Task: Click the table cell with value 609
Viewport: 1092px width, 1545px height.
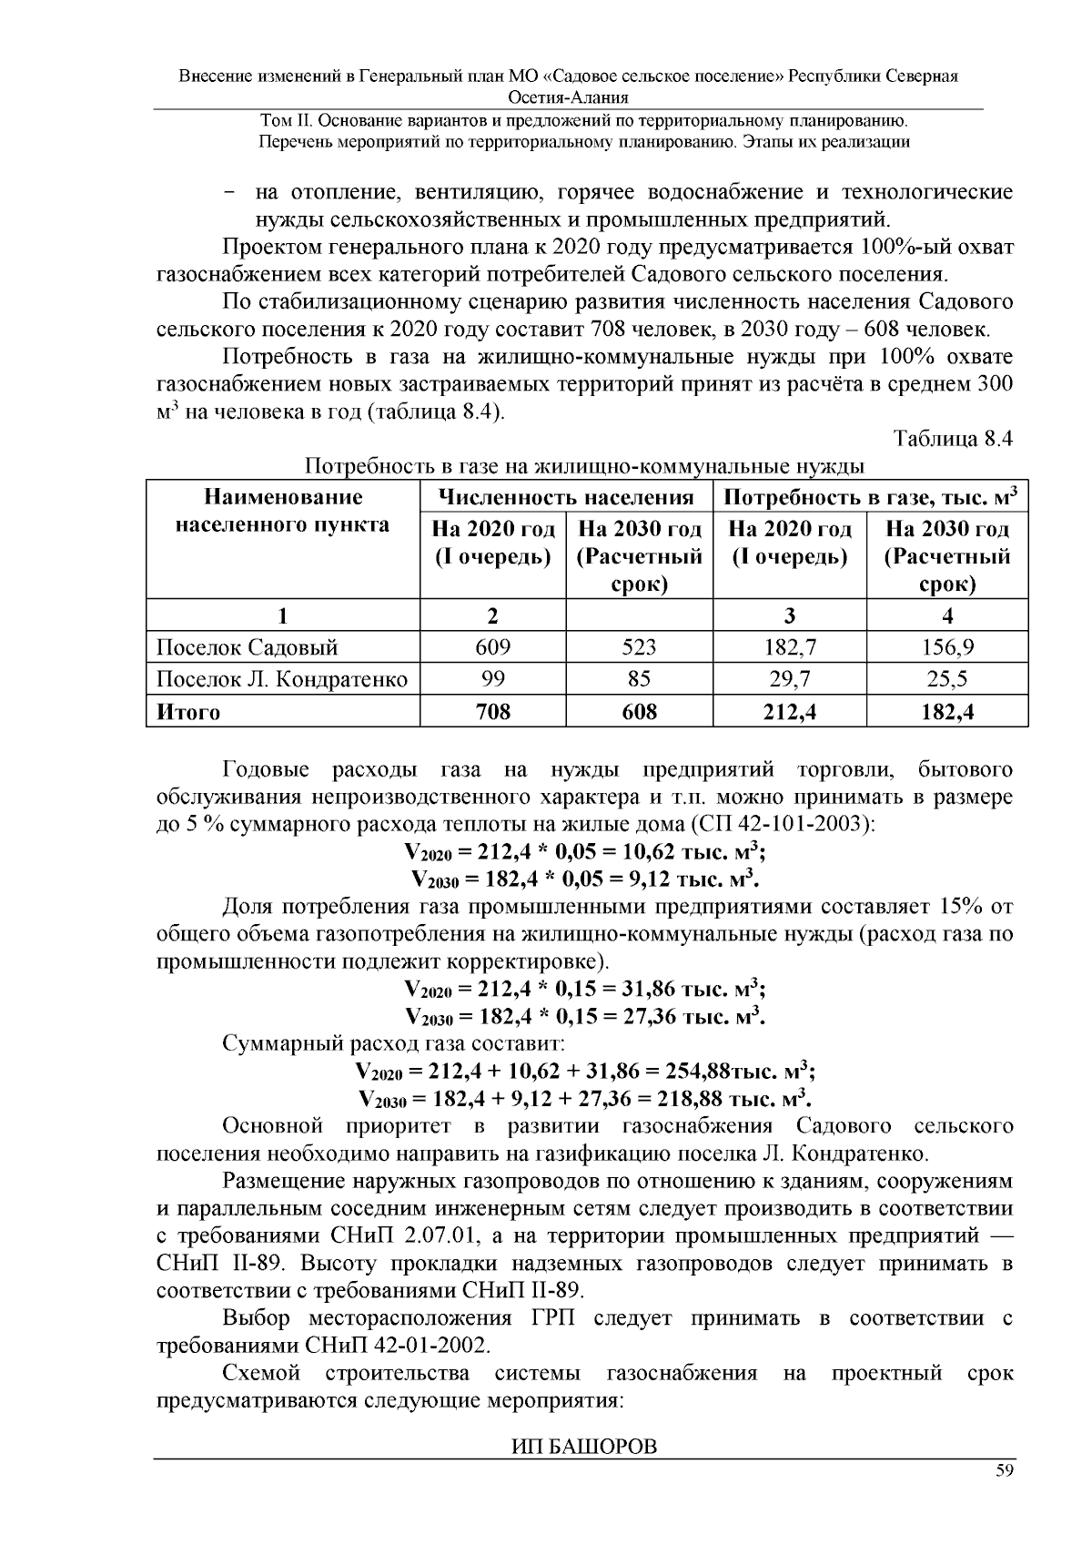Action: [x=492, y=647]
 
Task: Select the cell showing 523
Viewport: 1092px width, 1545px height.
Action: [x=639, y=647]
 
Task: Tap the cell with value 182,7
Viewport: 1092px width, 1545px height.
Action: [x=789, y=647]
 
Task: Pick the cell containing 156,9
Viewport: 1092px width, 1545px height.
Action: [x=946, y=647]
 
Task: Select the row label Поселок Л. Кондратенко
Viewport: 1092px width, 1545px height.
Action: [x=282, y=679]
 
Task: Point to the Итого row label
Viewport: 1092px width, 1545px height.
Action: [x=188, y=712]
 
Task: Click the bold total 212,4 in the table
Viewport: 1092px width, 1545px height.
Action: [x=789, y=712]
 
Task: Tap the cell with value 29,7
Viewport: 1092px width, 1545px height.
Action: [x=789, y=679]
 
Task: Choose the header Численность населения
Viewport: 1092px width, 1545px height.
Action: [x=566, y=497]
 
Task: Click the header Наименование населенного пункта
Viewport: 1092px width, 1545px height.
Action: [x=282, y=511]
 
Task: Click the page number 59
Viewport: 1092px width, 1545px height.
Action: [x=1004, y=1472]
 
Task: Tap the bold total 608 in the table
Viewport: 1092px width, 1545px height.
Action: [x=639, y=712]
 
